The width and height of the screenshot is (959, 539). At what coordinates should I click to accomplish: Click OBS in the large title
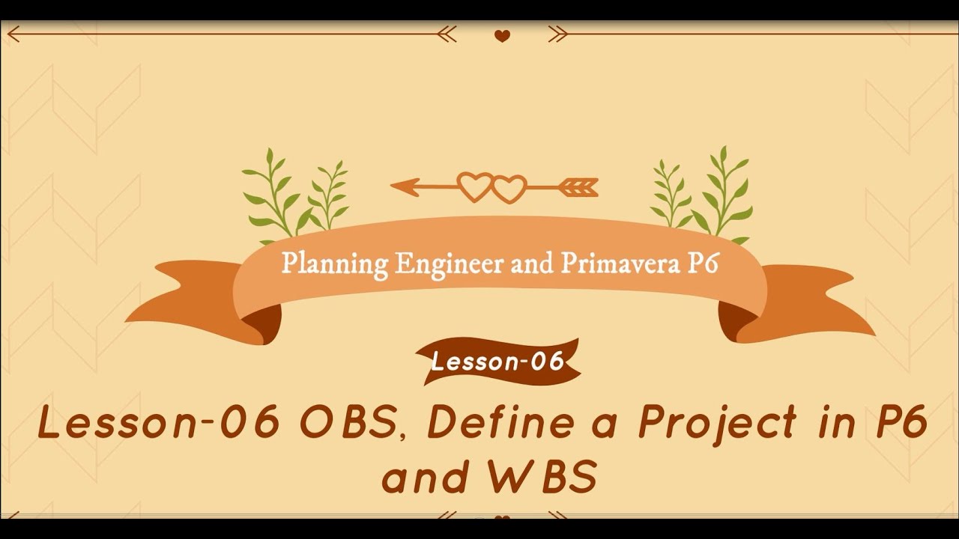tap(347, 424)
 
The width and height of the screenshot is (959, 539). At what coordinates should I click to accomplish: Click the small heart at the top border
tap(502, 35)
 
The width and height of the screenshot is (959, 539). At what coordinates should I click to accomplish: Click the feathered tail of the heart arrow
tap(580, 186)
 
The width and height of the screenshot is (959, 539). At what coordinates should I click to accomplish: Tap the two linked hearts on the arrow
tap(492, 187)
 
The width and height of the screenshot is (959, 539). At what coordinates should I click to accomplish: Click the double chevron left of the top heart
tap(447, 34)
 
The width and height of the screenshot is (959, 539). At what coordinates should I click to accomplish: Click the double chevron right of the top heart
tap(557, 34)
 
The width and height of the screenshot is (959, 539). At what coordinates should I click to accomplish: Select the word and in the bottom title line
tap(425, 477)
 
